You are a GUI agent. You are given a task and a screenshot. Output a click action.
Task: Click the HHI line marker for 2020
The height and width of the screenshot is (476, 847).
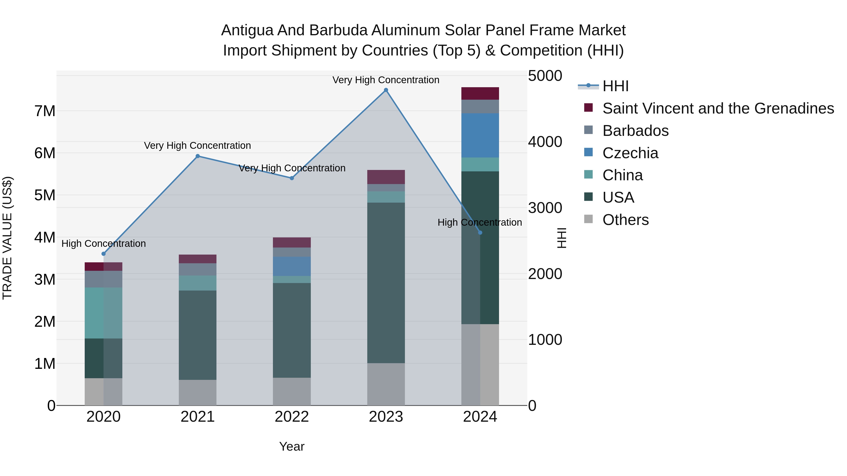(x=104, y=254)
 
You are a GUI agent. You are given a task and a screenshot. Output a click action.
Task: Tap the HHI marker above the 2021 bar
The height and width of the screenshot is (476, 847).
(x=198, y=156)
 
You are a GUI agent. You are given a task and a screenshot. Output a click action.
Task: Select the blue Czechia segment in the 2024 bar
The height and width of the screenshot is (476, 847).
(x=480, y=135)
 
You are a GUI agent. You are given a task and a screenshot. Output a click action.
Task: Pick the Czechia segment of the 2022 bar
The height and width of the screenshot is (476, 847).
(x=292, y=266)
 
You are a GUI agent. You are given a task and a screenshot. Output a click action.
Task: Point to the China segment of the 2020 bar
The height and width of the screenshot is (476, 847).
(x=104, y=313)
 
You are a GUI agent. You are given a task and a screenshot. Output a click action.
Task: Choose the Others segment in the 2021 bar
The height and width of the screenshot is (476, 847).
(x=198, y=393)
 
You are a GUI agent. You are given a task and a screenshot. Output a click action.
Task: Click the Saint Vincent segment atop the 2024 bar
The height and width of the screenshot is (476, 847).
(x=480, y=93)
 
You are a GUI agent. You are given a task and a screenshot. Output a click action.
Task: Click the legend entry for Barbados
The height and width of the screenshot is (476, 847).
(x=635, y=131)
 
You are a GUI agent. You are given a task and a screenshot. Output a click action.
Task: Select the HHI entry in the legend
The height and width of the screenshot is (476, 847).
(x=615, y=86)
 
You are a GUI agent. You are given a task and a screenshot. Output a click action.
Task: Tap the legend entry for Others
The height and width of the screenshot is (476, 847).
(x=625, y=220)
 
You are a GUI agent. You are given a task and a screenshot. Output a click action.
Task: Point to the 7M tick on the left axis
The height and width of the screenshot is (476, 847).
(x=45, y=111)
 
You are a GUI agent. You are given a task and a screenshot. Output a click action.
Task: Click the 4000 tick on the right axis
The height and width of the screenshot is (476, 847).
(x=545, y=142)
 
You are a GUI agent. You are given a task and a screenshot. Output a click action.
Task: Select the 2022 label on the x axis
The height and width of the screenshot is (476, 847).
(x=292, y=417)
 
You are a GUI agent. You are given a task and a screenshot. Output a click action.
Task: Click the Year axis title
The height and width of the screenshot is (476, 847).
(x=292, y=446)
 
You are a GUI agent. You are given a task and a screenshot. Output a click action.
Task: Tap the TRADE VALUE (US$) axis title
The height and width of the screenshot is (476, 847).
(x=7, y=238)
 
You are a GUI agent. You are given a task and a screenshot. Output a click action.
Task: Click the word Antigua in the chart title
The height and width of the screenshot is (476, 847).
(x=247, y=30)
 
